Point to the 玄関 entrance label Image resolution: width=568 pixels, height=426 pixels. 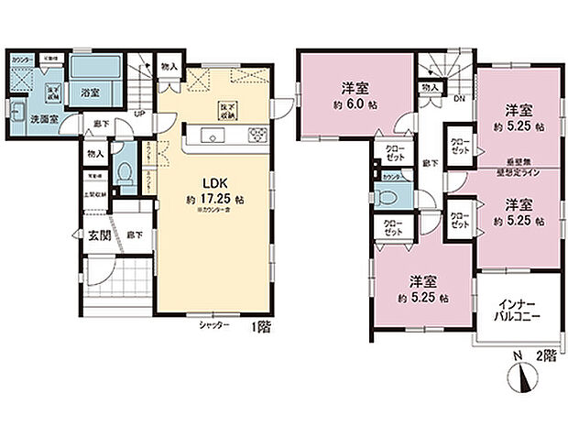[96, 235]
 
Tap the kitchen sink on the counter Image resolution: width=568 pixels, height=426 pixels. [213, 137]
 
